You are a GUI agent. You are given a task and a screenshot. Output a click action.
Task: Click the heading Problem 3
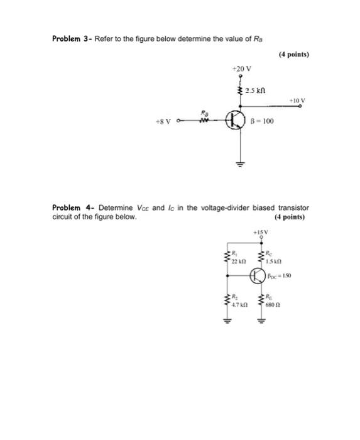click(71, 38)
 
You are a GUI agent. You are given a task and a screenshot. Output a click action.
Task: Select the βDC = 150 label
click(280, 275)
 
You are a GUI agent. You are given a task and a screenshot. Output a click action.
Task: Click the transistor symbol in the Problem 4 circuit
click(258, 275)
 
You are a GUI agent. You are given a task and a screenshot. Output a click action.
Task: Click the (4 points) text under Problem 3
click(293, 55)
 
